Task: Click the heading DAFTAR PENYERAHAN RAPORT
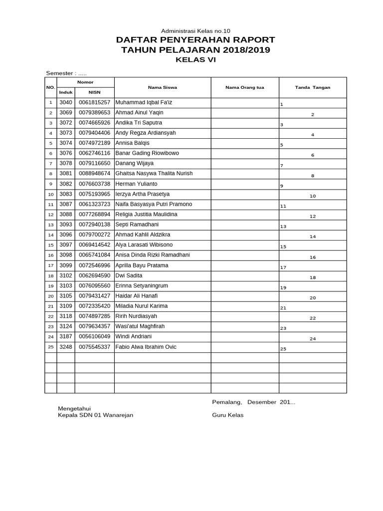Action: (195, 40)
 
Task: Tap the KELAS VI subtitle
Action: (195, 60)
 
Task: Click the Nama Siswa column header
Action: (163, 87)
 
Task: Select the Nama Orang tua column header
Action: (244, 87)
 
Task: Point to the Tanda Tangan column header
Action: (313, 87)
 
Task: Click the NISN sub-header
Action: (94, 92)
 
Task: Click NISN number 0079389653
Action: (94, 113)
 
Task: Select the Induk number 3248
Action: (66, 347)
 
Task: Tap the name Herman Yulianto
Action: (136, 184)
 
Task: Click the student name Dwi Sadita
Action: (129, 275)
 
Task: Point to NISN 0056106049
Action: (94, 336)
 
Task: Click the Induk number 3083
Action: (66, 194)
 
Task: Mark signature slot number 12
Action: (313, 217)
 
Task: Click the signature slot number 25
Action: (283, 349)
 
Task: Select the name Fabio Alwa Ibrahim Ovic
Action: (146, 347)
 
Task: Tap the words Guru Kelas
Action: (228, 415)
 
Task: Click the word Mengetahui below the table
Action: (74, 408)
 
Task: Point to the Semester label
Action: (59, 73)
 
